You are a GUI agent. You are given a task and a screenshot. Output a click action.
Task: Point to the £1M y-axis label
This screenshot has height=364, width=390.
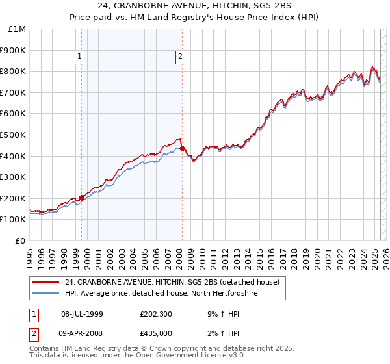click(x=18, y=29)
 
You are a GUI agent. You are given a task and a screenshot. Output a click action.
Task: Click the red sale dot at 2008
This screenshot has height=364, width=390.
click(x=182, y=149)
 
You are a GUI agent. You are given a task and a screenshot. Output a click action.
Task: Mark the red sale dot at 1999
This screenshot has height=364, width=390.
click(x=82, y=198)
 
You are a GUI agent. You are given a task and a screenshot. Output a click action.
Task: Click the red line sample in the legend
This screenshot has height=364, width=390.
click(x=46, y=282)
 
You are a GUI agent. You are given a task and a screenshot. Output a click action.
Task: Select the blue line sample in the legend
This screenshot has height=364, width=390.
click(x=46, y=293)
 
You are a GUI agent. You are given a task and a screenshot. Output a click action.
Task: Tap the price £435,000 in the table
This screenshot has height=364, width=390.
click(x=155, y=333)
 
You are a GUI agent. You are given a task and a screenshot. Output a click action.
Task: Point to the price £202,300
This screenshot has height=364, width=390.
click(x=155, y=314)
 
